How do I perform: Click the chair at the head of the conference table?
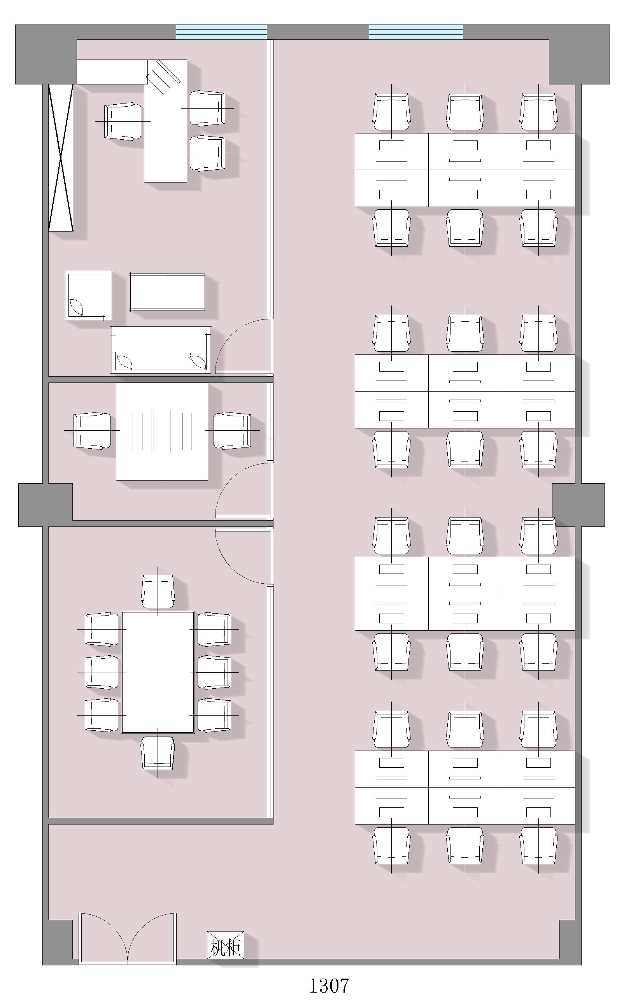158,591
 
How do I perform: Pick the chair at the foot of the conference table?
158,753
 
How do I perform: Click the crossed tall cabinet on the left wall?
61,157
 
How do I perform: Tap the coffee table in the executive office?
167,292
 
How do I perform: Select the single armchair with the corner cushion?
88,295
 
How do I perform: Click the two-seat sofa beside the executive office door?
161,350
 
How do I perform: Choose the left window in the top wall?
221,32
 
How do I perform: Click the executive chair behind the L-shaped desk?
123,121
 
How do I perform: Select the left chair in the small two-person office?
92,431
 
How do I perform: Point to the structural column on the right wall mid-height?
578,505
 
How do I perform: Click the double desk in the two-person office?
162,431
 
